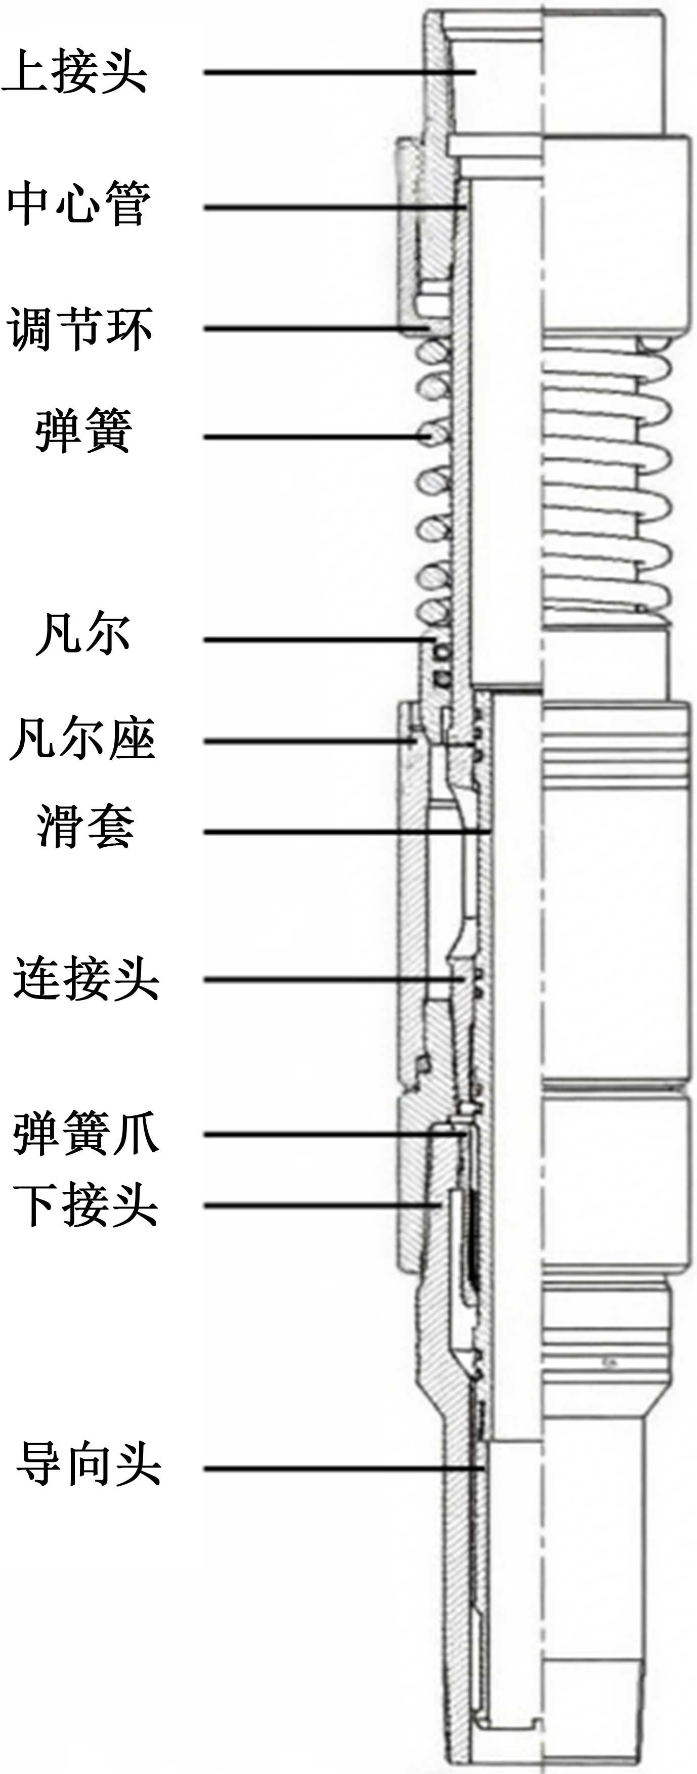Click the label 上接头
(x=74, y=71)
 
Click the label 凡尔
(x=82, y=633)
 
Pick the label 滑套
(x=85, y=826)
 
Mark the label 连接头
(x=85, y=979)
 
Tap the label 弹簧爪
(x=85, y=1134)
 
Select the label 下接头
(x=85, y=1205)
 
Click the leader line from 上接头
(x=337, y=71)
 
